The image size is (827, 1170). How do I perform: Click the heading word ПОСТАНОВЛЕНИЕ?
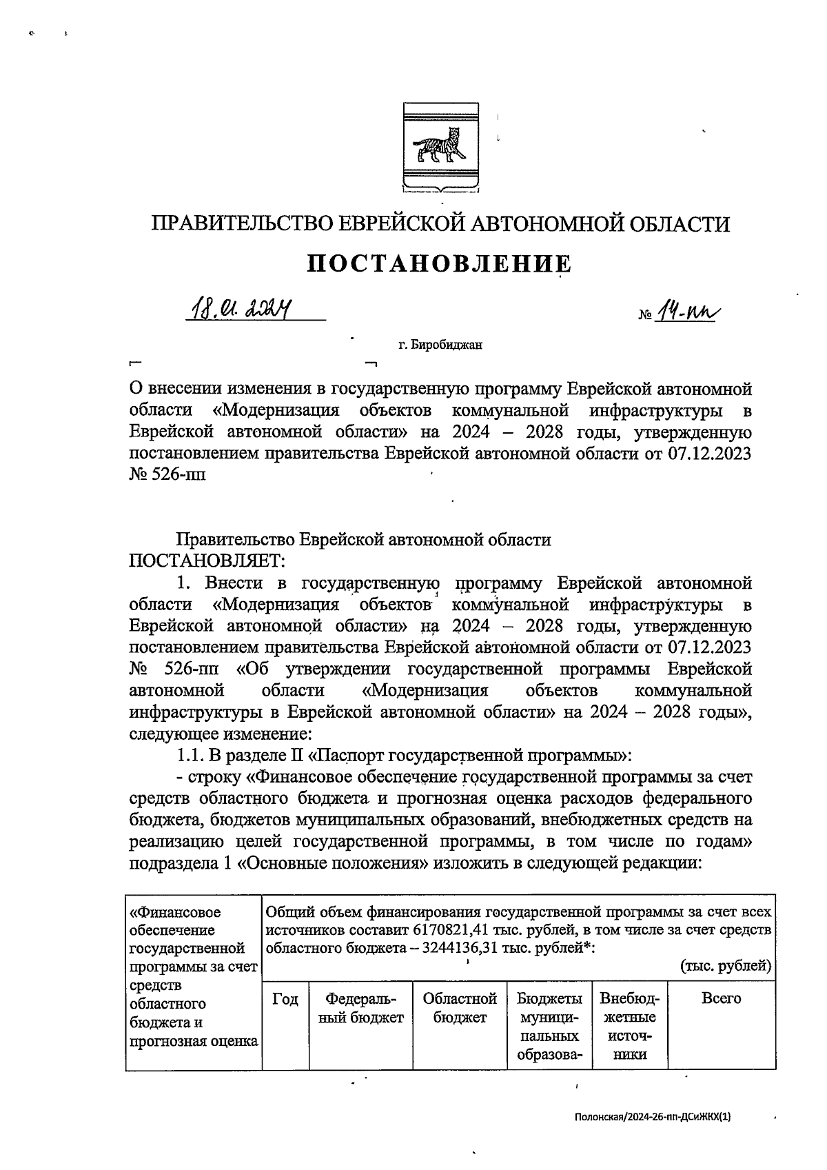tap(439, 265)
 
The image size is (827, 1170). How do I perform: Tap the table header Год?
tap(285, 998)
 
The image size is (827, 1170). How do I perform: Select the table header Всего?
tap(721, 998)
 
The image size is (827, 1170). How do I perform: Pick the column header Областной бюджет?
tap(459, 1007)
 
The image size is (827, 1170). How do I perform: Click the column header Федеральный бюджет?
tap(361, 1007)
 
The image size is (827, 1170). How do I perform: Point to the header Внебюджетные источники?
tap(629, 1026)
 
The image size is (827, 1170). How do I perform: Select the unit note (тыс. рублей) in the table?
tap(726, 966)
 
